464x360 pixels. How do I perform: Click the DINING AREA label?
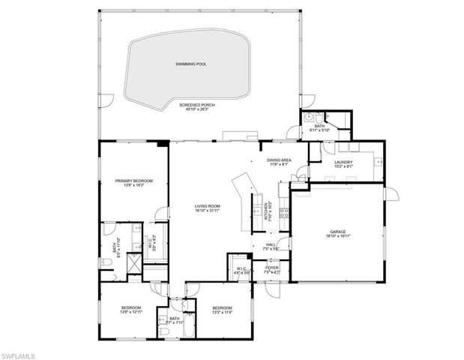click(278, 160)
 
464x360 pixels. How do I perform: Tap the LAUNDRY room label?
click(345, 162)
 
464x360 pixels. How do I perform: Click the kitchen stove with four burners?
click(284, 213)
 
